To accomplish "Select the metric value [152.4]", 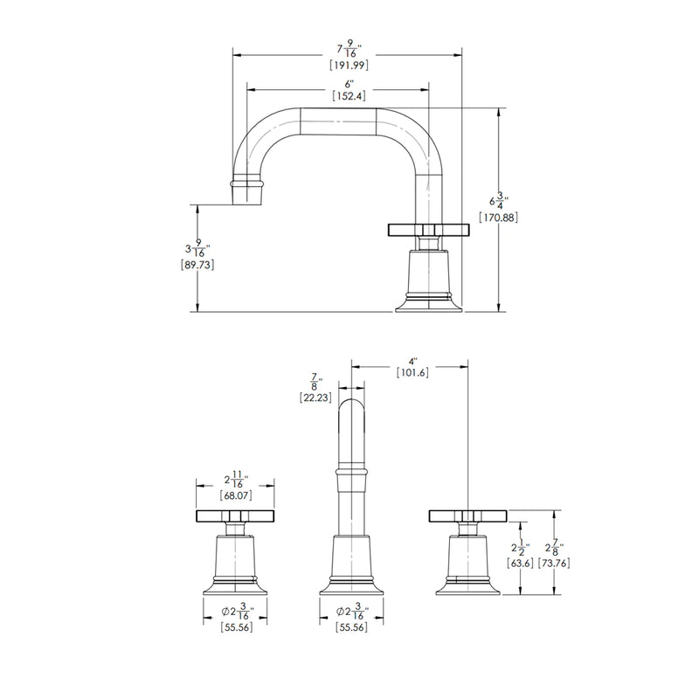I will pos(348,97).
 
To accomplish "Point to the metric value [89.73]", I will pos(197,265).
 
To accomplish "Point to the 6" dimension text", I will pos(348,83).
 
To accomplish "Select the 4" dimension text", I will pos(412,359).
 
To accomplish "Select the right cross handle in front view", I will pos(467,515).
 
